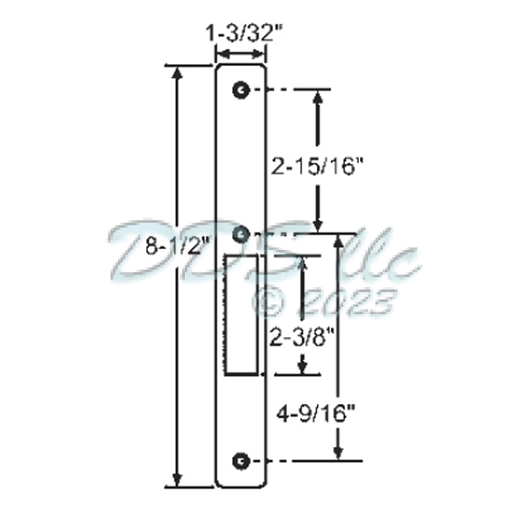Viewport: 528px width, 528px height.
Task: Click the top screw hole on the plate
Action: coord(240,90)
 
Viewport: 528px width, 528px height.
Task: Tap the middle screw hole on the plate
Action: coord(240,234)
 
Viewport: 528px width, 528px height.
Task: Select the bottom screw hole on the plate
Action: coord(240,461)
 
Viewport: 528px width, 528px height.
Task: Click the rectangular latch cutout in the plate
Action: coord(242,313)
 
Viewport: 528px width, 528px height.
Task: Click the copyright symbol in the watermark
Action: coord(268,302)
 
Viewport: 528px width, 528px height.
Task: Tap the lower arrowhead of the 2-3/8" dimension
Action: coord(303,368)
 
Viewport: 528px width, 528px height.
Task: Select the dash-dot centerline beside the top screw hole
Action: coord(295,90)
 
